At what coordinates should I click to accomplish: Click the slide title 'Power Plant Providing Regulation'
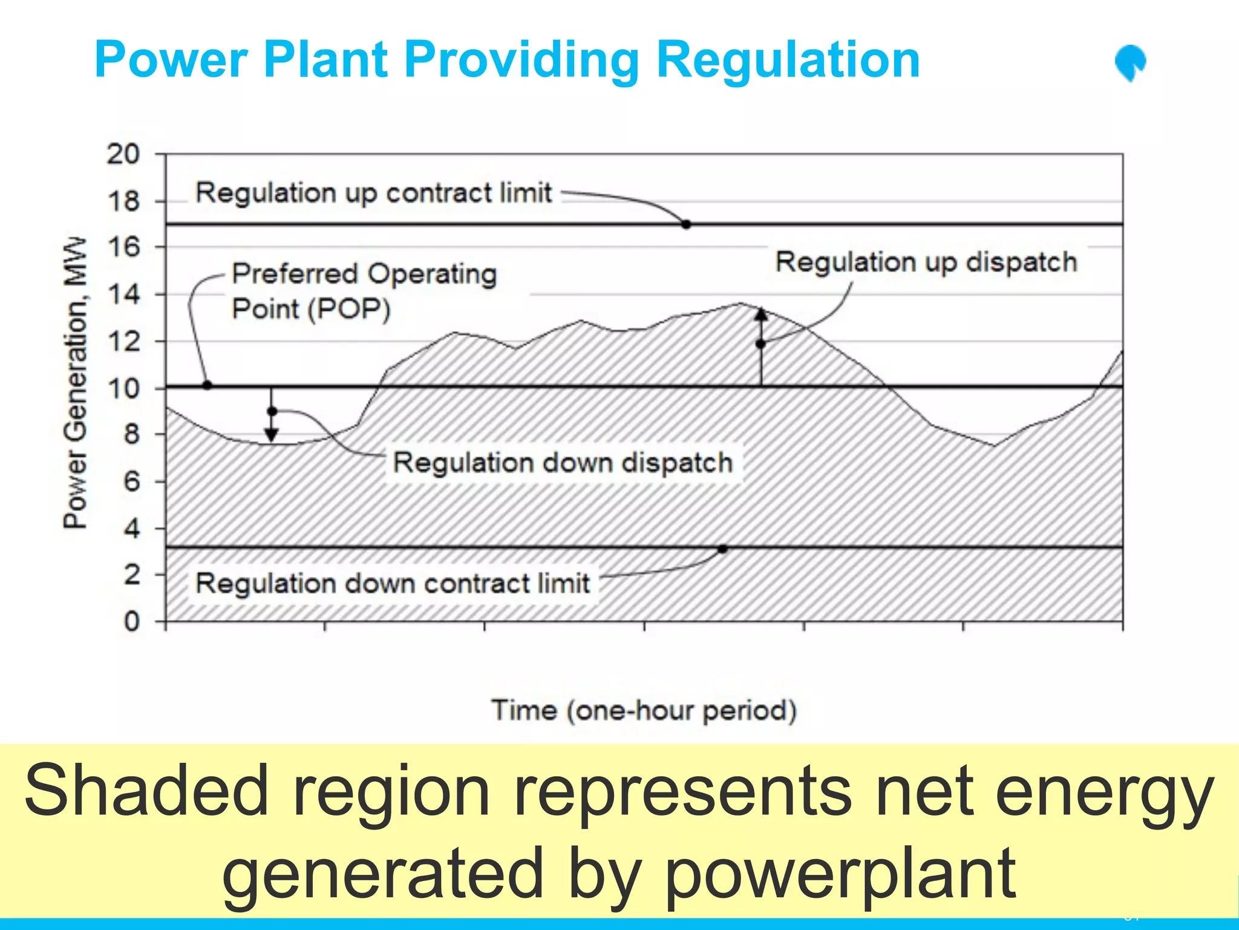[507, 59]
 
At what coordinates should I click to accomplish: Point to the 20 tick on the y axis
[123, 154]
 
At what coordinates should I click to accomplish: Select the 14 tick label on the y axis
[123, 295]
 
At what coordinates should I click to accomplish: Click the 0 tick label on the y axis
[131, 621]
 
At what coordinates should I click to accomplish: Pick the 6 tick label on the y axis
[131, 481]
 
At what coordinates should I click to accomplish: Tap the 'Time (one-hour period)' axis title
[644, 710]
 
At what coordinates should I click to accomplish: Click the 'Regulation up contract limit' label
[373, 193]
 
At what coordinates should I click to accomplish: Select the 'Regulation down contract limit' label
[392, 584]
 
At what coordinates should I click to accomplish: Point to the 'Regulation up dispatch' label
[926, 262]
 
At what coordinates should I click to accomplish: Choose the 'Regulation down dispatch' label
[563, 463]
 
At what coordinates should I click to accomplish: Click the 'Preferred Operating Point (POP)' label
[364, 291]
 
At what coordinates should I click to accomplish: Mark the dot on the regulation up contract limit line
[686, 225]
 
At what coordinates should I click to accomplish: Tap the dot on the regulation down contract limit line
[722, 549]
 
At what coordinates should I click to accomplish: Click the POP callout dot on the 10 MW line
[207, 385]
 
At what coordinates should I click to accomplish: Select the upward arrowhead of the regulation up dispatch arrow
[761, 314]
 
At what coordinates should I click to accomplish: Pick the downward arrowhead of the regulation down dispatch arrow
[272, 435]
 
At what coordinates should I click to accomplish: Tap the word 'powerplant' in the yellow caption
[840, 873]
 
